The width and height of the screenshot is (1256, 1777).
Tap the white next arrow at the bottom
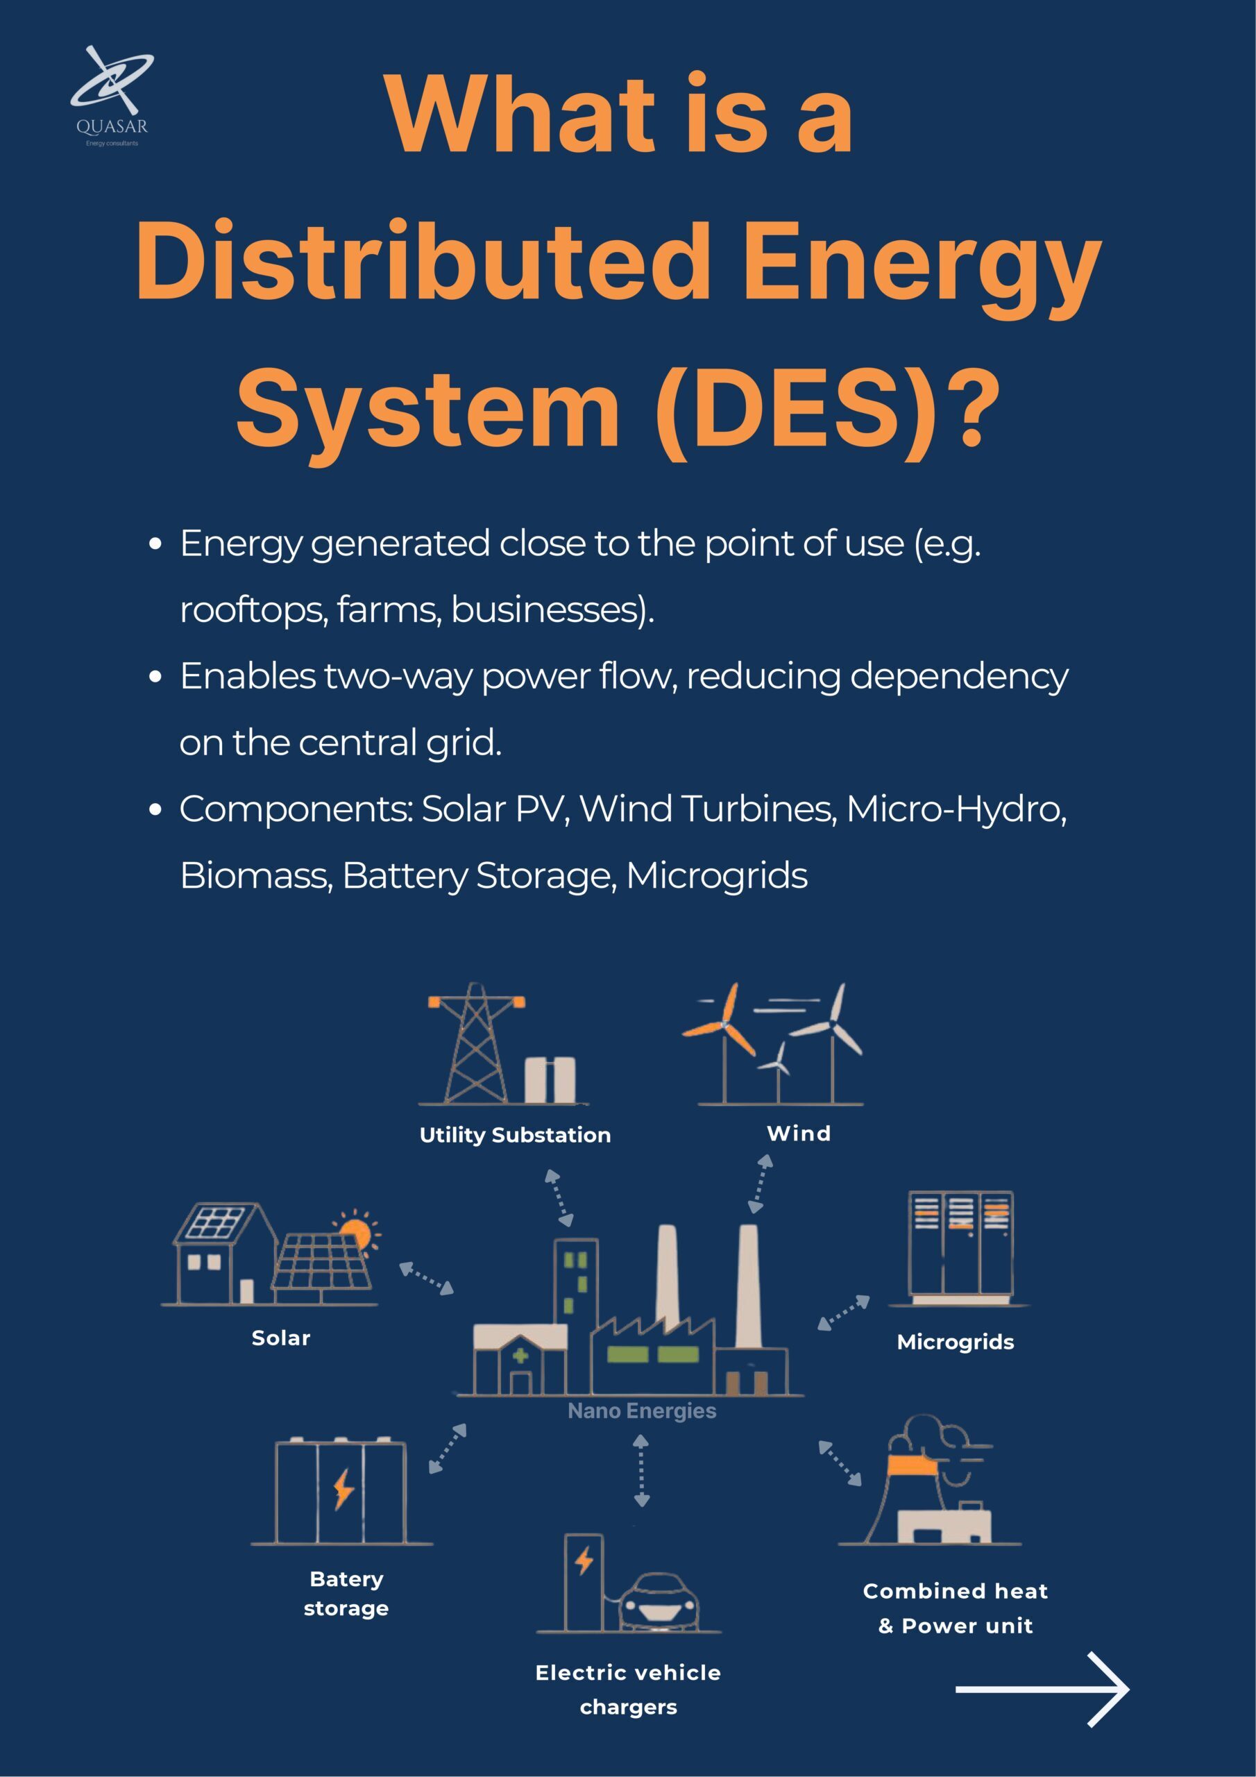tap(1042, 1689)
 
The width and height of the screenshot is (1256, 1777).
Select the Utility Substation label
tap(515, 1135)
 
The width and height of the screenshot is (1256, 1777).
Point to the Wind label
tap(799, 1133)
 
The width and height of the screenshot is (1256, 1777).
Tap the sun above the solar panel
tap(357, 1231)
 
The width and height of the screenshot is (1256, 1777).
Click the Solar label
tap(281, 1338)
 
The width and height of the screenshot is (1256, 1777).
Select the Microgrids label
tap(955, 1341)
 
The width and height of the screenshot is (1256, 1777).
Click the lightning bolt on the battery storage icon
tap(343, 1488)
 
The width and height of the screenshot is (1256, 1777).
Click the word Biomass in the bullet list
tap(255, 876)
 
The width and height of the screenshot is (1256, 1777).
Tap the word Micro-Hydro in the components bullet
tap(956, 809)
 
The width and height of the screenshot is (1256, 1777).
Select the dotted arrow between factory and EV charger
tap(640, 1469)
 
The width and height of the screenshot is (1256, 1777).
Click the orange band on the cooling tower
tap(913, 1465)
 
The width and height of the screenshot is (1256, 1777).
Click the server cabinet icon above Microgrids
tap(960, 1244)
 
